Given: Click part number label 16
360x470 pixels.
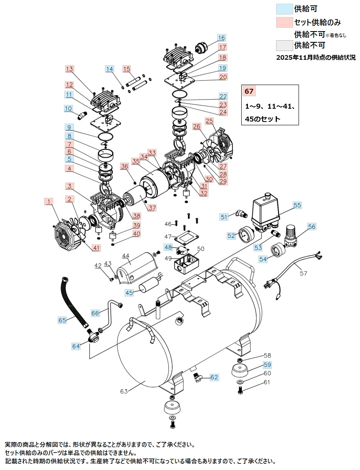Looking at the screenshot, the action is (x=221, y=38).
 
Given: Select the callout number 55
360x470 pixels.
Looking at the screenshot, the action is (x=297, y=205).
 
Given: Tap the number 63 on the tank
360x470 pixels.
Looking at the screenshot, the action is (x=124, y=391).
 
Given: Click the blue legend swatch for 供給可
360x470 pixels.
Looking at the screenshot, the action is (x=284, y=9).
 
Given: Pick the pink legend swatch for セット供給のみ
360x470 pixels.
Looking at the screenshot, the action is (x=284, y=22).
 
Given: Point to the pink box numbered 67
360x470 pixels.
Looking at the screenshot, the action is (x=249, y=91).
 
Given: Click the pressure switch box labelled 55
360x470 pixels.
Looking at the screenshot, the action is (x=265, y=213).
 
